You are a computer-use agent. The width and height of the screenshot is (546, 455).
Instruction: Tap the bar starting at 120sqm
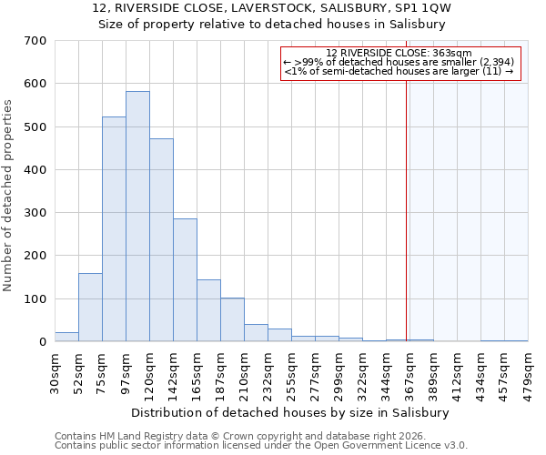(161, 240)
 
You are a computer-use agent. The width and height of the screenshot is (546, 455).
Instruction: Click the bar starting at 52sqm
(90, 308)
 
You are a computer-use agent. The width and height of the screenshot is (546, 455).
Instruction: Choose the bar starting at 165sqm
(208, 310)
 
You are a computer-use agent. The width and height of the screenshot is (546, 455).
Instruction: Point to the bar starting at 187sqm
(232, 319)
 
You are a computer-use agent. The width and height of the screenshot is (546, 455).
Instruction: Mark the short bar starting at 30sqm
(66, 337)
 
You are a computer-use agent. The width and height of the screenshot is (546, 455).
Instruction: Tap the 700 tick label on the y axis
(35, 41)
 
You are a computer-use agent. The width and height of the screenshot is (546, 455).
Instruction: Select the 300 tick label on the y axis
(35, 213)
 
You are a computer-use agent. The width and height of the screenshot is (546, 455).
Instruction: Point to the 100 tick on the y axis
(35, 298)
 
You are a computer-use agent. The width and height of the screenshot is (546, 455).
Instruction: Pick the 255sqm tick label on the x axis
(291, 373)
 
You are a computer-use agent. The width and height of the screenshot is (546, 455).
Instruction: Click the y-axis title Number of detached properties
(8, 196)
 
